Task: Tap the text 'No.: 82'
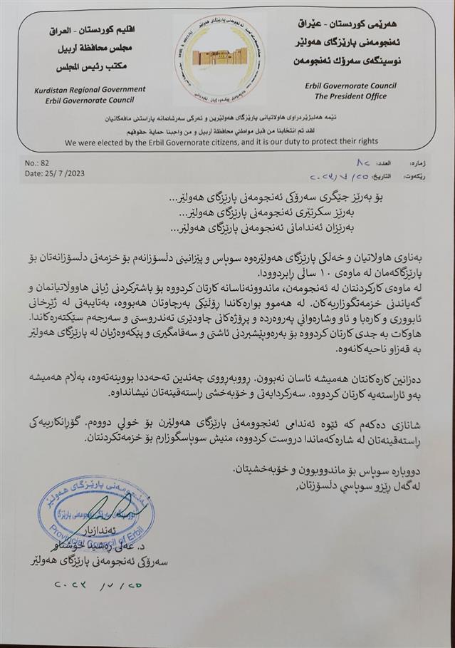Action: pyautogui.click(x=38, y=163)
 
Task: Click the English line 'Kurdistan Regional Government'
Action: pyautogui.click(x=90, y=90)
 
